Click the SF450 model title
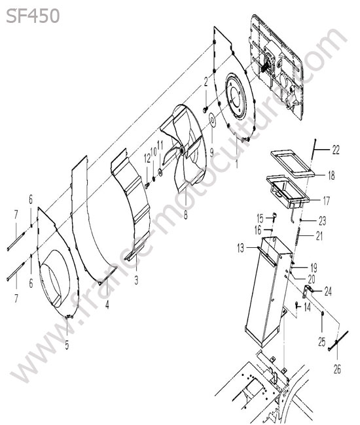tap(33, 16)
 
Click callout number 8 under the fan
tap(185, 215)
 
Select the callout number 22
tap(336, 150)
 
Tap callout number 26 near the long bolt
tap(337, 369)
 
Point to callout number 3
tap(136, 280)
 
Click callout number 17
tap(326, 201)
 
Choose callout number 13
tap(241, 248)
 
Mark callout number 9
tap(211, 152)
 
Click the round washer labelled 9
tap(212, 120)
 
